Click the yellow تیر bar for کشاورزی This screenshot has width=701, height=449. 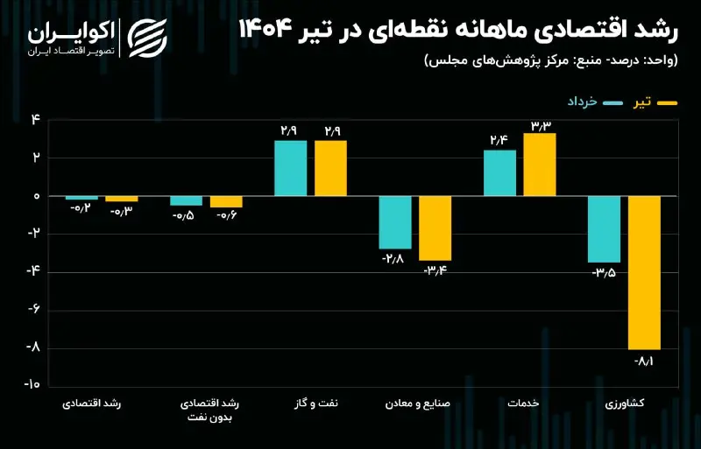(645, 272)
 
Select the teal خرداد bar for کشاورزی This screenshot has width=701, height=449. (604, 229)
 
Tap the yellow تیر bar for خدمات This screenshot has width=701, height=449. (540, 165)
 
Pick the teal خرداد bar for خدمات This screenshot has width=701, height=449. (499, 173)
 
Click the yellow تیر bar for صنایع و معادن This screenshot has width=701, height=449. (435, 228)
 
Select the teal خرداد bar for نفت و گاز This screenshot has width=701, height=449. (290, 168)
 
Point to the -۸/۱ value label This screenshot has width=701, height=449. (645, 360)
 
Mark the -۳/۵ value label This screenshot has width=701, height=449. (604, 272)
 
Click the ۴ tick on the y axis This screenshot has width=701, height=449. (36, 120)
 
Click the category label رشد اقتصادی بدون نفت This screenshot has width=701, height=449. (209, 410)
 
